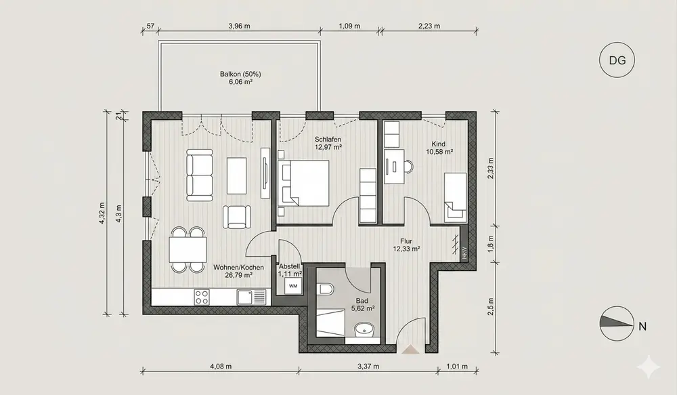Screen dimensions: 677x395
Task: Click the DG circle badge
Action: tap(617, 60)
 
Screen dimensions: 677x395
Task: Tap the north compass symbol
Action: tap(617, 324)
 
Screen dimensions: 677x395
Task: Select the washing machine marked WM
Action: tap(293, 286)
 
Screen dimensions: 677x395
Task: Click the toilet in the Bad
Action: tap(325, 289)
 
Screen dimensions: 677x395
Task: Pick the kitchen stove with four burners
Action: tap(202, 297)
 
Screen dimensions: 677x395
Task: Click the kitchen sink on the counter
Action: tap(251, 297)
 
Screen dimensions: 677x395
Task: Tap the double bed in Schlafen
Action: tap(303, 183)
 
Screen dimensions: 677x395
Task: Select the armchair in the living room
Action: tap(236, 217)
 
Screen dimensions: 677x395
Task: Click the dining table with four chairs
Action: tap(188, 249)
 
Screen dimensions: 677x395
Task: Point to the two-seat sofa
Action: tap(200, 175)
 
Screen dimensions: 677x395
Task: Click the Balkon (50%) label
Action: tap(240, 74)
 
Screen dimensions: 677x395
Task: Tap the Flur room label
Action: tap(406, 241)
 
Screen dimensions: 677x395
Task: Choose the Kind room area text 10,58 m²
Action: tap(439, 152)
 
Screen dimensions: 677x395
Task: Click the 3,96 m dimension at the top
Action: tap(239, 26)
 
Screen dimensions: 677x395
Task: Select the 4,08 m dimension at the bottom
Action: tap(221, 367)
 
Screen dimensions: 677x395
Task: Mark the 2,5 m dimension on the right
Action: tap(490, 306)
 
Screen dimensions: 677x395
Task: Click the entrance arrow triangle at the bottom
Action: tap(410, 349)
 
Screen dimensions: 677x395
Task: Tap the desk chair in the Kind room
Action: tap(408, 166)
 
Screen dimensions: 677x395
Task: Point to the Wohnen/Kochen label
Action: tap(238, 268)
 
